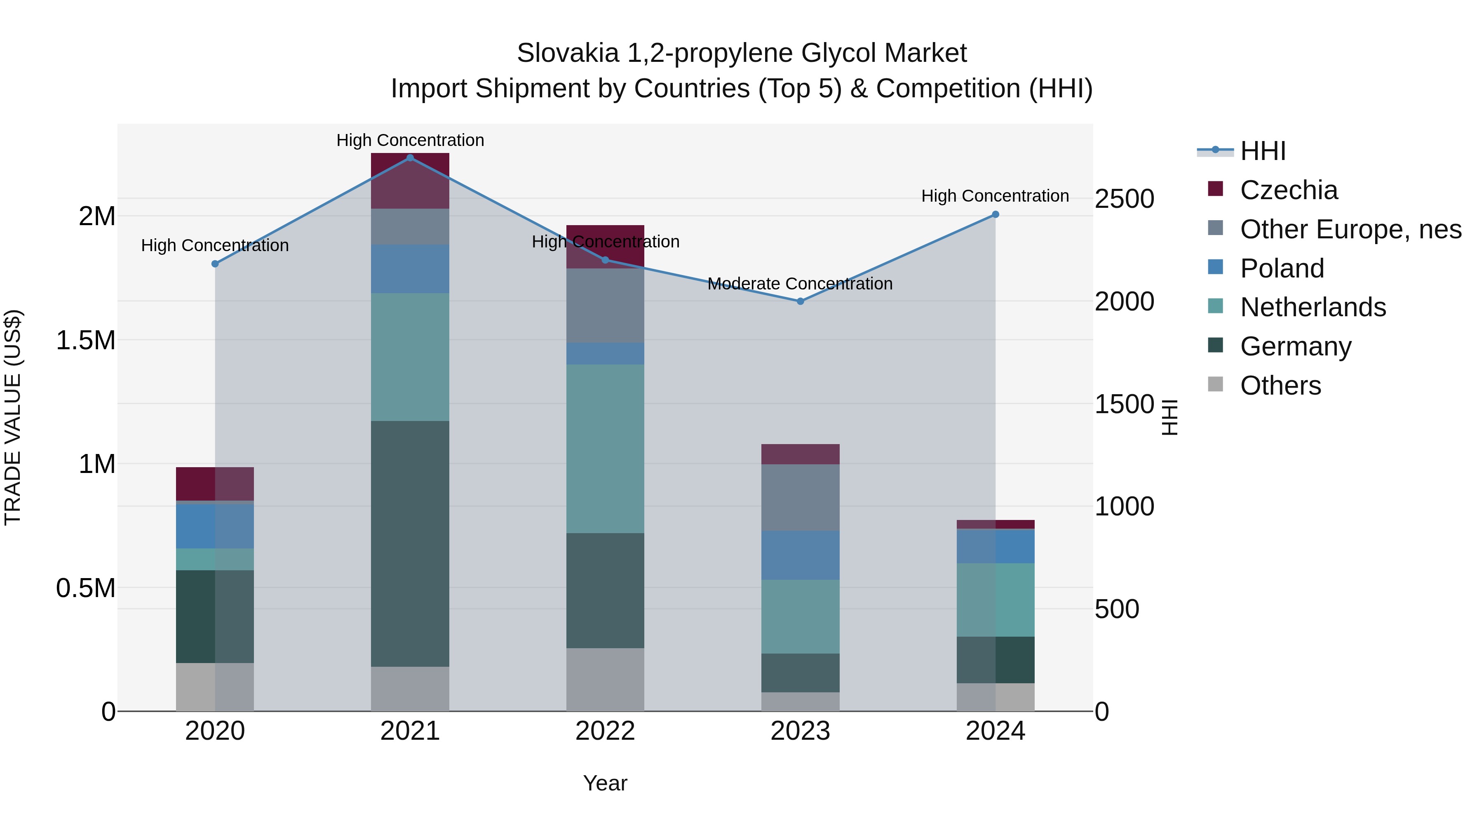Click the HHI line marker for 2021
tap(410, 158)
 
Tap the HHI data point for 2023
tap(800, 301)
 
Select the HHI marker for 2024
tap(995, 214)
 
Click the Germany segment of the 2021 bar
tap(410, 543)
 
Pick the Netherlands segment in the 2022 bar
tap(605, 448)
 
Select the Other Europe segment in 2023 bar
tap(800, 497)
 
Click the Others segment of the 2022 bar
tap(605, 680)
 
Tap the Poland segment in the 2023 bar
tap(800, 555)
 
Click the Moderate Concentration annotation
tap(800, 284)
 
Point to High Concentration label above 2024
tap(995, 196)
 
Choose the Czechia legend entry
tap(1289, 190)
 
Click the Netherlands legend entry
tap(1313, 307)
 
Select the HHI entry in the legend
tap(1263, 151)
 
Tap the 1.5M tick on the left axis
tap(85, 341)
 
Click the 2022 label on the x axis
tap(605, 731)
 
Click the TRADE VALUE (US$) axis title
tap(13, 417)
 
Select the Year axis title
tap(605, 783)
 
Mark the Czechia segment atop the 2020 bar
tap(214, 484)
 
